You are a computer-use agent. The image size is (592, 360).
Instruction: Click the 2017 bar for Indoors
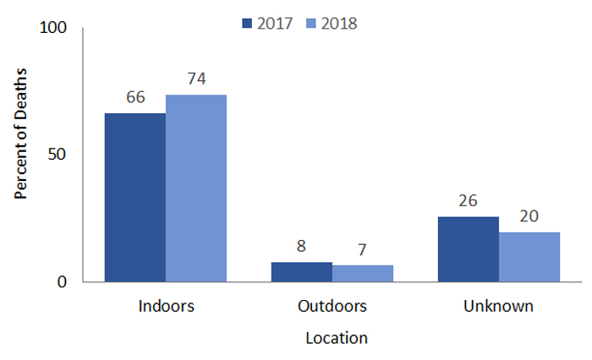(x=134, y=197)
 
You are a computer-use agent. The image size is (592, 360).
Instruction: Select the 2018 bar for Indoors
(x=195, y=188)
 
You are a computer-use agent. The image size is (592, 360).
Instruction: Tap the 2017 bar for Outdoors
(x=301, y=271)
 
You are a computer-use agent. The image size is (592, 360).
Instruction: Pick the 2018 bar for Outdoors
(x=362, y=273)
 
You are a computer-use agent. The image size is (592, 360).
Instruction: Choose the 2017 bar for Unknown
(x=468, y=248)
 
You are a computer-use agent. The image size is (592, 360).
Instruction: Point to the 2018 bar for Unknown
(x=529, y=256)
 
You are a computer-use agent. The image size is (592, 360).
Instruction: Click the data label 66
(x=135, y=97)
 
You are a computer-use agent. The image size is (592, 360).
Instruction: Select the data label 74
(x=196, y=79)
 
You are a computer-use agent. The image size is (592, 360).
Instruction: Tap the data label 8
(x=301, y=247)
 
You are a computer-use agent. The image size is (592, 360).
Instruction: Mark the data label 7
(x=362, y=250)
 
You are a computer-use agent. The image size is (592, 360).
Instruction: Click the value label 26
(x=468, y=201)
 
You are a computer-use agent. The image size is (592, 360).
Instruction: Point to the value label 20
(x=529, y=216)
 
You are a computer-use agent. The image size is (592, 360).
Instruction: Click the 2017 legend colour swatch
(x=246, y=24)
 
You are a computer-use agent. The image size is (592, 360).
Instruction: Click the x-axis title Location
(x=336, y=338)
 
